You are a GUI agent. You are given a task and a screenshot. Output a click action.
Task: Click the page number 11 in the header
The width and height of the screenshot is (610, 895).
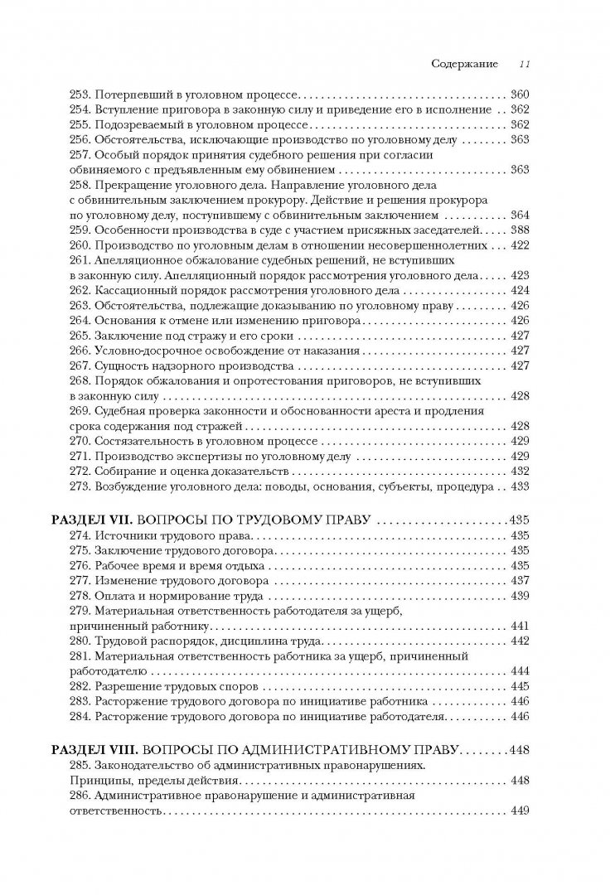(x=525, y=64)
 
